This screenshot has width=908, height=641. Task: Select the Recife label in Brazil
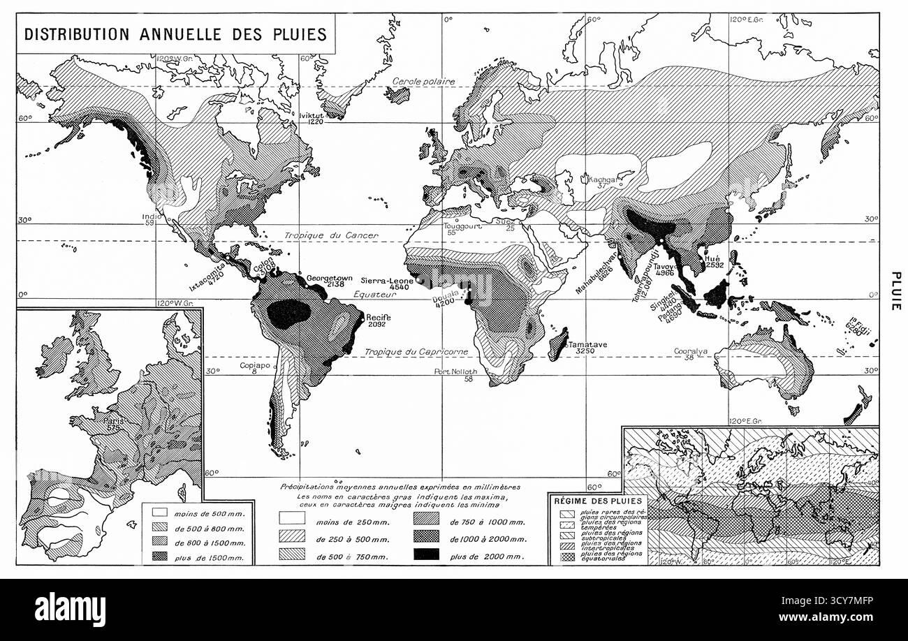tap(378, 318)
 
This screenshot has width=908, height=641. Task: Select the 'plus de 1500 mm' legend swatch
tap(158, 556)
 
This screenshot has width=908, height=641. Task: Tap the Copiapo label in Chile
tap(254, 365)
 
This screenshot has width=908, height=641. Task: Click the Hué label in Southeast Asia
tap(713, 258)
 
